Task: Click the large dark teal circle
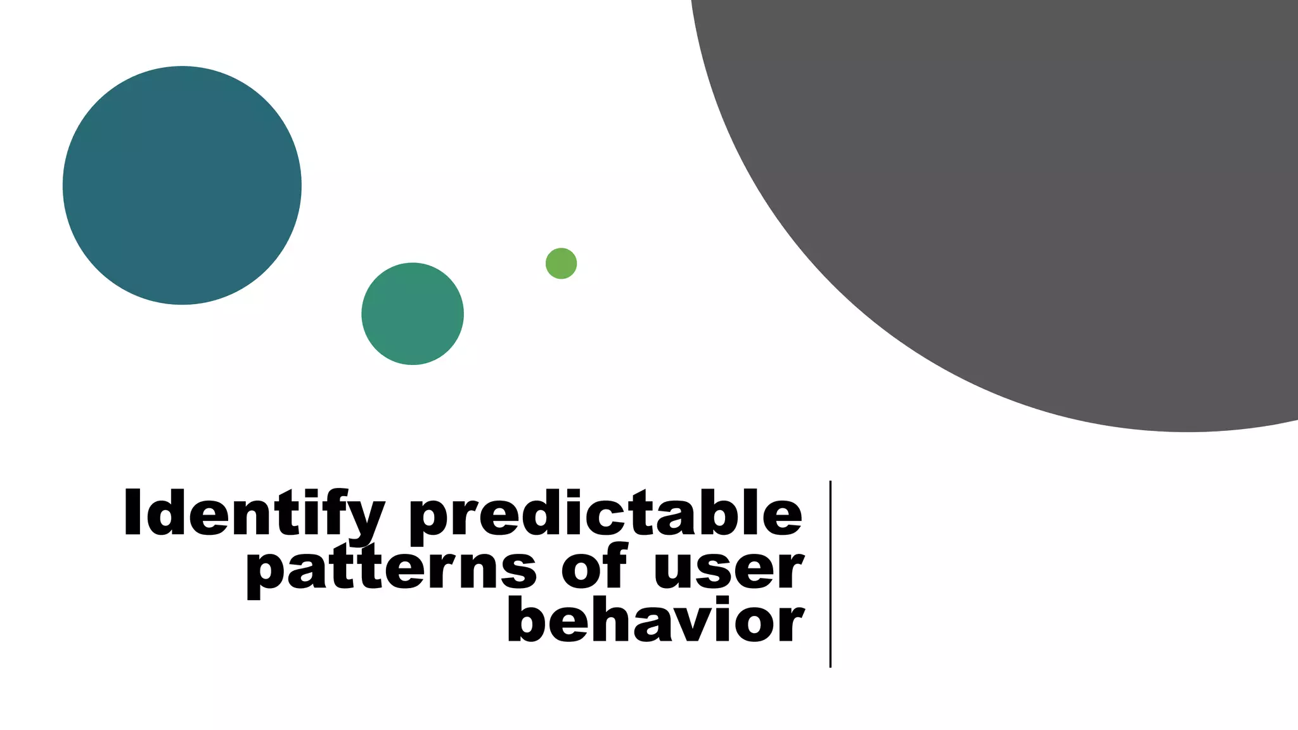tap(182, 185)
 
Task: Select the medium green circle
tap(413, 314)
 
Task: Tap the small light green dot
tap(561, 263)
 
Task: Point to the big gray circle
tap(1046, 190)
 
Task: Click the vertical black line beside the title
tap(830, 573)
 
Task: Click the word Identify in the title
tap(254, 513)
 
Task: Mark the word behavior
tap(655, 620)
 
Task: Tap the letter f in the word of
tap(615, 564)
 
